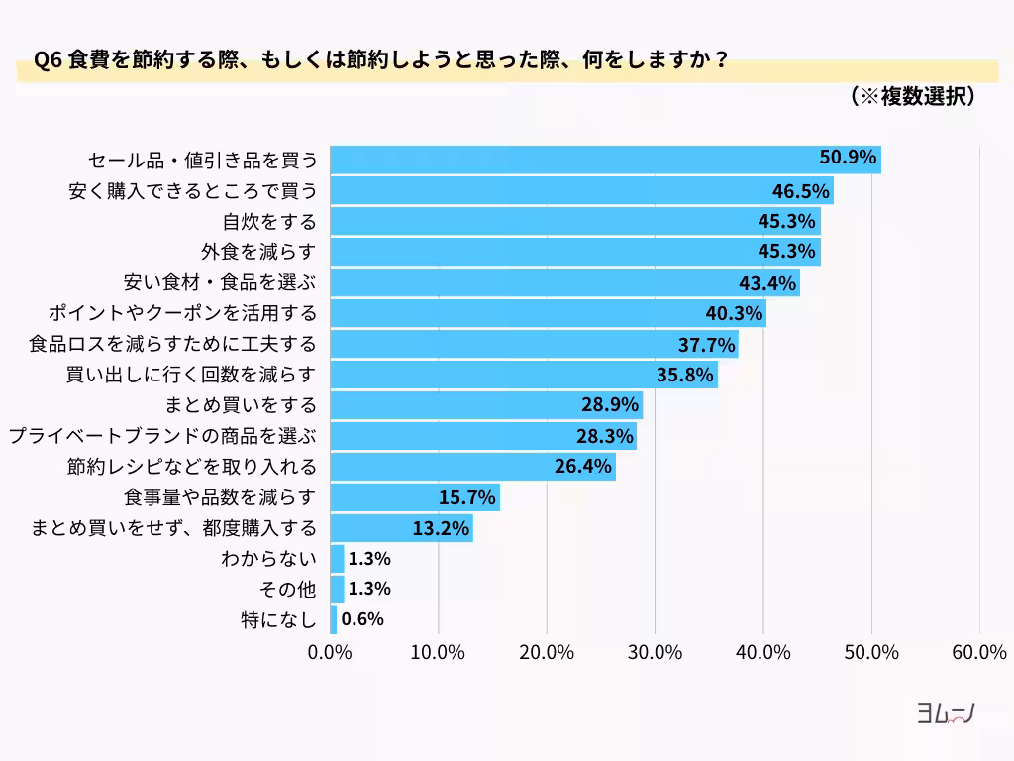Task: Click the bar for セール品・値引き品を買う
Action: pos(604,160)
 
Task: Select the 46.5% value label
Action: pos(801,190)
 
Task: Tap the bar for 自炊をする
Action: pos(574,221)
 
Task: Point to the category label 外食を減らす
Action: pos(258,252)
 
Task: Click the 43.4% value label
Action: pos(768,283)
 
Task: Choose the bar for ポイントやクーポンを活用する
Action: pos(548,313)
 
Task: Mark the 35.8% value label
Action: pos(685,376)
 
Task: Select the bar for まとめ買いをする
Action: pos(485,405)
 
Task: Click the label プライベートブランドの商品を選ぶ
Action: pos(162,436)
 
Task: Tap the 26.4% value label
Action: pos(583,466)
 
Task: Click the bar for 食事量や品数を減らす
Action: pos(414,497)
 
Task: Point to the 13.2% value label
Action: pos(441,528)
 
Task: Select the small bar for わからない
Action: pos(337,559)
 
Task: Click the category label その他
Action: pos(286,590)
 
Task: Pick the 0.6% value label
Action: pos(362,620)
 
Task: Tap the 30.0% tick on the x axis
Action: pos(655,652)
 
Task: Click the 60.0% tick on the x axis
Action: pos(979,652)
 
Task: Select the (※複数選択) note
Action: pos(913,96)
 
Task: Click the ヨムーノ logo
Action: pos(945,714)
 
